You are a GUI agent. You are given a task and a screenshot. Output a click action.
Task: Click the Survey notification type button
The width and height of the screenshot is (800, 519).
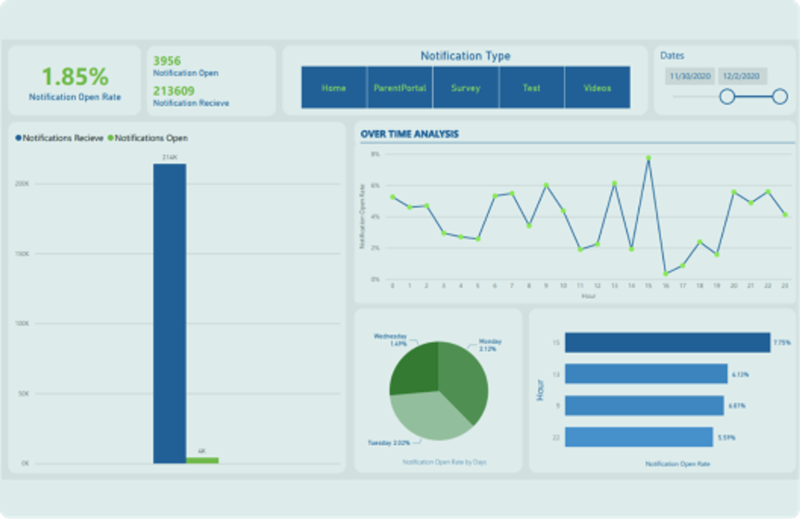point(465,87)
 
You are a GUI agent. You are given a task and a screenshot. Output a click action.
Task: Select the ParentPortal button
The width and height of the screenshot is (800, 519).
point(400,87)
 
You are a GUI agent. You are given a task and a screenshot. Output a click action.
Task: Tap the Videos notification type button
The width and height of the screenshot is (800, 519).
point(597,87)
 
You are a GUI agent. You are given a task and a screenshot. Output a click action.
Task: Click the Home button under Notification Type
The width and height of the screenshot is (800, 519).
point(334,87)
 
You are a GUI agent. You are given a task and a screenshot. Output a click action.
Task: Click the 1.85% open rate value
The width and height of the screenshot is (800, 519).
point(75,76)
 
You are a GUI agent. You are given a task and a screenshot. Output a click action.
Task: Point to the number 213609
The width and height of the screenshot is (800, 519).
point(174,91)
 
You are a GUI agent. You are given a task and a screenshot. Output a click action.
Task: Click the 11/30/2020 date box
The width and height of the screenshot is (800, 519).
point(690,76)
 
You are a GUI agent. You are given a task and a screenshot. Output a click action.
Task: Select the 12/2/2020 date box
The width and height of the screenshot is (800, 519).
point(742,76)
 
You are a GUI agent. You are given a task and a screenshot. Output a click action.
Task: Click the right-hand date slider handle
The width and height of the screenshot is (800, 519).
point(780,96)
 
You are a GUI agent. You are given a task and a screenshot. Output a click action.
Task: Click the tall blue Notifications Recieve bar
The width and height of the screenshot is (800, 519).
point(169,311)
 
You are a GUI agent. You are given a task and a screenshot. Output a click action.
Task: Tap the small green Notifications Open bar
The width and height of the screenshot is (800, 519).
point(202,460)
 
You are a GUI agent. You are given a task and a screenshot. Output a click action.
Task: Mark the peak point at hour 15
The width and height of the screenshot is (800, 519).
point(648,158)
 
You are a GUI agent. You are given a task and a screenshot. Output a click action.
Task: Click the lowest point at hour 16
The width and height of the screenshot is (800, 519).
point(665,273)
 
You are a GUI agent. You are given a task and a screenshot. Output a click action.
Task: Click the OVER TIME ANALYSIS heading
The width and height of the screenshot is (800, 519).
point(409,134)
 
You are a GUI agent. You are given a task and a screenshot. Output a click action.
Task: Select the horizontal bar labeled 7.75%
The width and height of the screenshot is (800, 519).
point(667,342)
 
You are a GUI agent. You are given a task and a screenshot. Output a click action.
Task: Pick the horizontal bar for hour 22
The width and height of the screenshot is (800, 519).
point(639,437)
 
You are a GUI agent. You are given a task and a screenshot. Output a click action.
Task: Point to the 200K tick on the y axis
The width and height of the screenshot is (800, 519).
point(22,184)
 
